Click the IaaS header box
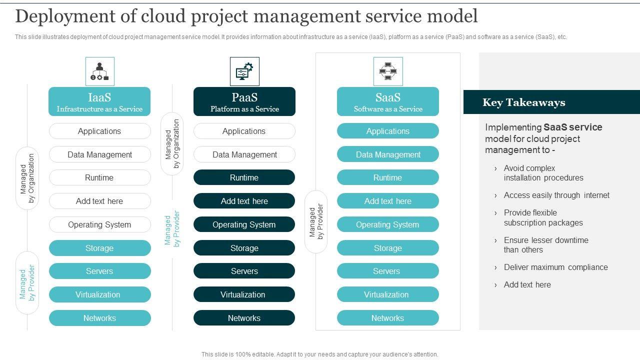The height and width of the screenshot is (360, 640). tap(99, 101)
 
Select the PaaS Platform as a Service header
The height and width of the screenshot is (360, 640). tap(244, 101)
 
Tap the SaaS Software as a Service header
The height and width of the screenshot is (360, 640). tap(388, 101)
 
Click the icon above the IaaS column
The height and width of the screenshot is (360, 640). tap(100, 71)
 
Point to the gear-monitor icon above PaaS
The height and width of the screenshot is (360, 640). tap(244, 71)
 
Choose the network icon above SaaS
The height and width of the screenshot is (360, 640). tap(388, 71)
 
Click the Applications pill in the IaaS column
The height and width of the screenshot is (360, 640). tap(99, 131)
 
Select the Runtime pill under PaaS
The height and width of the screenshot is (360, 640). tap(244, 177)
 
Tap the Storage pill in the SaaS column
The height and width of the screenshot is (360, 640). tap(388, 248)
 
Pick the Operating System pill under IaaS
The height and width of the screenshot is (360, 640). tap(99, 224)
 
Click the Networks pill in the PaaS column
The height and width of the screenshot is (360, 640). tap(244, 318)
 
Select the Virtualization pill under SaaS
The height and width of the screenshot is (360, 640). tap(388, 294)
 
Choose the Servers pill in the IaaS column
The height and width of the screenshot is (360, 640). tap(99, 271)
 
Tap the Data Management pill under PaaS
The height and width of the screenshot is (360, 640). tap(244, 154)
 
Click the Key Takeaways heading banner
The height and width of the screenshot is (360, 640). tap(551, 102)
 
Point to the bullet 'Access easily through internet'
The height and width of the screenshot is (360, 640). tap(556, 195)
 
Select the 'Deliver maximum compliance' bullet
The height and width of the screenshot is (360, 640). tap(555, 267)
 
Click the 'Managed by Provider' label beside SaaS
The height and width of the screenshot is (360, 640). tap(316, 221)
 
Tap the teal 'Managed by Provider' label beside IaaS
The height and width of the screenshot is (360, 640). tap(27, 282)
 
